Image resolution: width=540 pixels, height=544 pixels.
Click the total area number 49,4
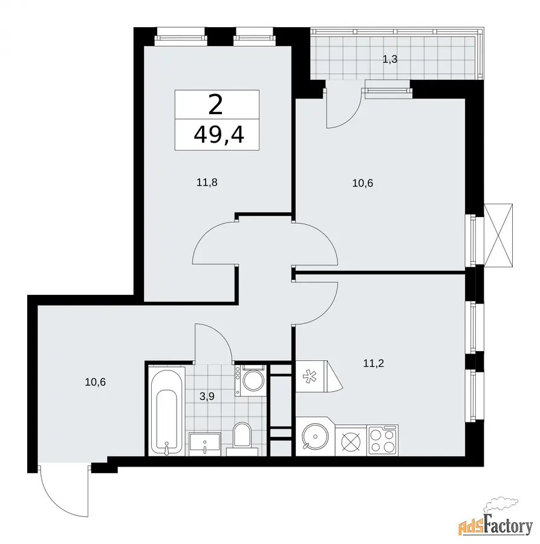pos(219,135)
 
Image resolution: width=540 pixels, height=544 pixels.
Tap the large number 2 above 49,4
pos(215,105)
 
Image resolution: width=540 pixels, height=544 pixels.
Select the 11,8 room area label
pos(207,182)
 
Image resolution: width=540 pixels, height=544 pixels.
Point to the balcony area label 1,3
pos(389,59)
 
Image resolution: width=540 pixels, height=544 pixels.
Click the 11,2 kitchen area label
pos(374,363)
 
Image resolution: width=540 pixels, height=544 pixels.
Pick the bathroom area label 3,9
pos(207,396)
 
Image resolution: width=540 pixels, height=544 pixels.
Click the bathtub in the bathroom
pos(166,411)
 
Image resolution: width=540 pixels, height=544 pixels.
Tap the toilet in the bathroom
pos(242,438)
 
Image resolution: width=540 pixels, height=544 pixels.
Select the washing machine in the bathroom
pos(250,381)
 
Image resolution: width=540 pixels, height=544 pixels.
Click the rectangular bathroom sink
pos(205,444)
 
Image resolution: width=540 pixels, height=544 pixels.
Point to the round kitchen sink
pos(315,436)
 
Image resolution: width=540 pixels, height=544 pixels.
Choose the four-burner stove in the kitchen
pos(382,440)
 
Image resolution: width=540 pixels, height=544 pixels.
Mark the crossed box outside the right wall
pos(498,235)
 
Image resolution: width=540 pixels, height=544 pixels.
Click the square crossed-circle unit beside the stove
pos(351,441)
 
